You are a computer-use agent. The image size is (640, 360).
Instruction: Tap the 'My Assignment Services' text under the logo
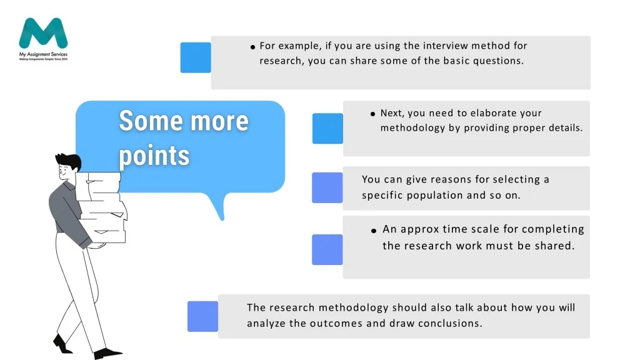tap(43, 54)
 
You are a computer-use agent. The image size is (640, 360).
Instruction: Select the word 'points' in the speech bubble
tap(154, 156)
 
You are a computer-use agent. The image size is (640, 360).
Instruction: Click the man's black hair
tap(69, 161)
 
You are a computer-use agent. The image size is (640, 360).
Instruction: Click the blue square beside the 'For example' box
tap(196, 57)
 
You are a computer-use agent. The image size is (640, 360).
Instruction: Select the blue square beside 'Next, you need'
tap(327, 129)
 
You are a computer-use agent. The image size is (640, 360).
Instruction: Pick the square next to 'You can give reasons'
tap(327, 187)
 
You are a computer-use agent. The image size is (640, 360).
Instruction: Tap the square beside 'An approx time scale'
tap(327, 250)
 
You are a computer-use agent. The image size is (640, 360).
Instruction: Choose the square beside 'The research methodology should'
tap(203, 316)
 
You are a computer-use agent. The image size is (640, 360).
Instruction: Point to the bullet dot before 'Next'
tap(372, 114)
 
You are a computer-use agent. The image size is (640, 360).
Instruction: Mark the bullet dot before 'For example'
tap(252, 47)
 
